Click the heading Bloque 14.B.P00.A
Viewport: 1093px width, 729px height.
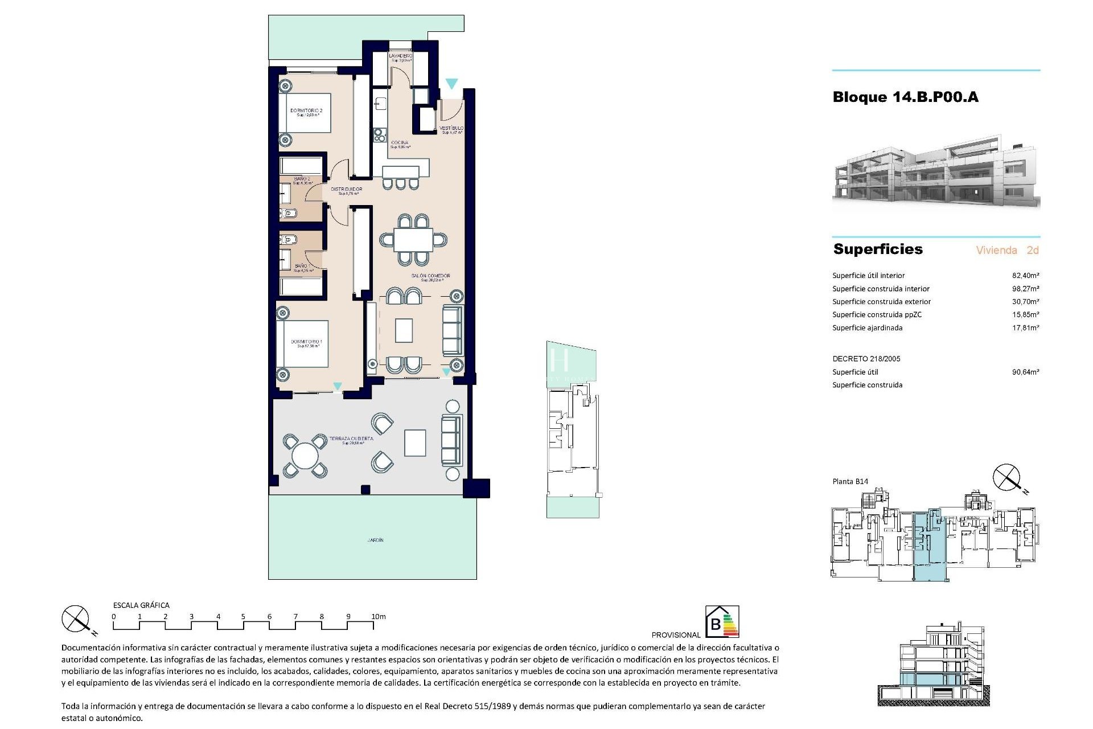coord(905,97)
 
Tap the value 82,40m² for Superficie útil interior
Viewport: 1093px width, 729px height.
coord(1025,276)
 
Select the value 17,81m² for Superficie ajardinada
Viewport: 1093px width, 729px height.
coord(1025,328)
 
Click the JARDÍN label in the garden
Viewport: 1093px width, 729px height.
coord(375,540)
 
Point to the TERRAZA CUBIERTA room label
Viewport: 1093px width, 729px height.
coord(351,439)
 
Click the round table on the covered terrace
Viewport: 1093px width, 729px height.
coord(305,456)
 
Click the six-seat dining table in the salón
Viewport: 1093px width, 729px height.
coord(413,240)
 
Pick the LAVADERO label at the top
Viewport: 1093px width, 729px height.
coord(400,56)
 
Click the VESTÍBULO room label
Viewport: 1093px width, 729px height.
coord(451,129)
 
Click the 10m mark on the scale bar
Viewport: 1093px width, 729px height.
coord(378,617)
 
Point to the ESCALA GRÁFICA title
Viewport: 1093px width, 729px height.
coord(141,605)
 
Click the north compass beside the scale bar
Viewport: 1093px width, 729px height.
coord(76,620)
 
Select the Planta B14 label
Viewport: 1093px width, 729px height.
coord(850,482)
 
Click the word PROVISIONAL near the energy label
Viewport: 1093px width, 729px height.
coord(676,635)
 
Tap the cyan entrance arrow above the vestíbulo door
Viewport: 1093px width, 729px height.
coord(451,84)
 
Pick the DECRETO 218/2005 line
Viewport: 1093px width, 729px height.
coord(866,359)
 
